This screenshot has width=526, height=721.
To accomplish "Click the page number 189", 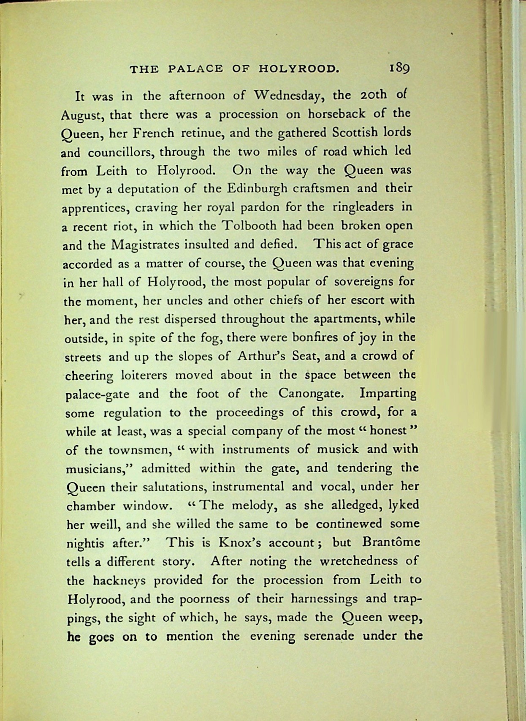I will [399, 68].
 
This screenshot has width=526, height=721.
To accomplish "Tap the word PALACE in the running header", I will [195, 68].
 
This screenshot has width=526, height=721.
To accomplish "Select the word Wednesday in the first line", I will [289, 95].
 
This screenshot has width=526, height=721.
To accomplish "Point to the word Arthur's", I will [262, 356].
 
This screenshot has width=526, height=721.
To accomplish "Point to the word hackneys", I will [119, 581].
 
